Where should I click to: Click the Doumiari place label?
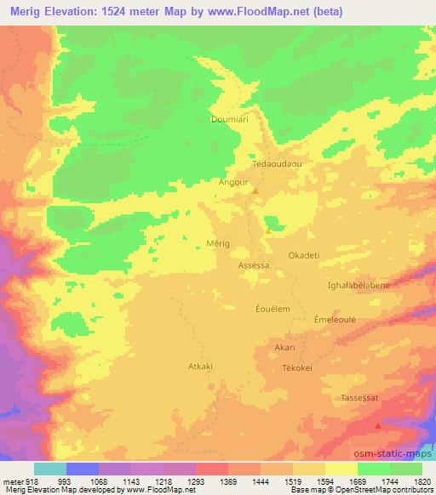click(228, 120)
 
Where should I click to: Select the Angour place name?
click(232, 182)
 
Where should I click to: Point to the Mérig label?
click(219, 243)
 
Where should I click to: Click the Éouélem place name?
click(273, 309)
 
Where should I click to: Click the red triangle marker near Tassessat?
click(379, 424)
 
